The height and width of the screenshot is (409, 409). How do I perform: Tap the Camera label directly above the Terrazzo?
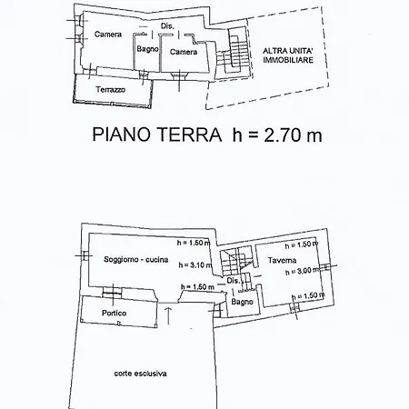point(108,35)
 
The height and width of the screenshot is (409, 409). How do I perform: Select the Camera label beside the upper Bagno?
point(184,52)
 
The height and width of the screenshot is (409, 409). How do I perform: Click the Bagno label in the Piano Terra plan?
point(148,49)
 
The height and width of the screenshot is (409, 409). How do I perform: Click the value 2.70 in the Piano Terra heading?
point(272,136)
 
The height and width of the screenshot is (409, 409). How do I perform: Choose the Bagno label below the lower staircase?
point(241,301)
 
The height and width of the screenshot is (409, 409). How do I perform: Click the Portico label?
point(115,313)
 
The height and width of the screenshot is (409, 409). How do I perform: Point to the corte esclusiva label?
point(141,372)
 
